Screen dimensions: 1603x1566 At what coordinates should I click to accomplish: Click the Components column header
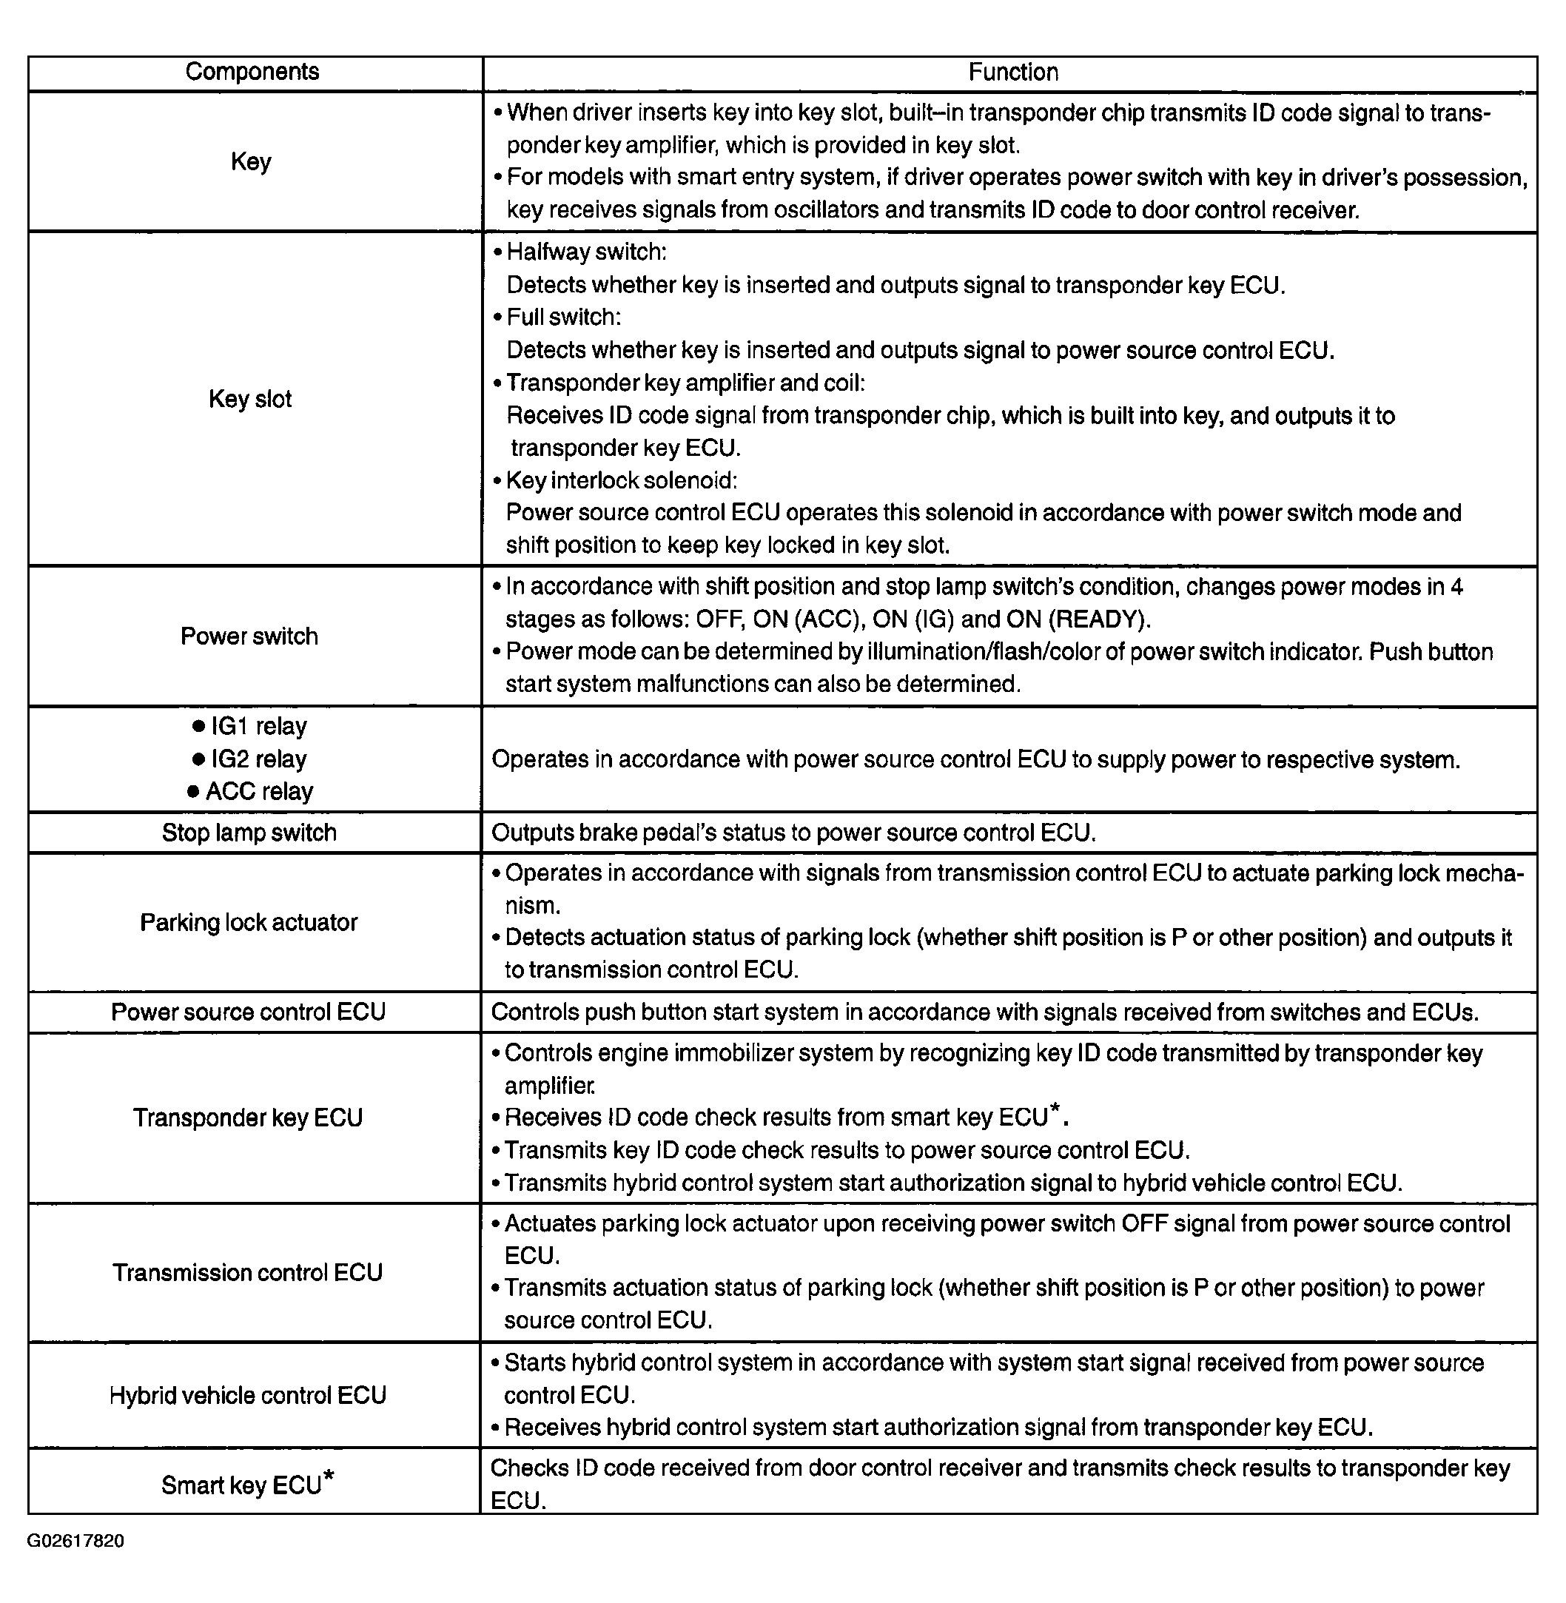point(252,72)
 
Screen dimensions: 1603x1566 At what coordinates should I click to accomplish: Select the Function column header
point(1012,73)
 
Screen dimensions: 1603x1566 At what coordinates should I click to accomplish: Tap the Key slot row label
point(250,400)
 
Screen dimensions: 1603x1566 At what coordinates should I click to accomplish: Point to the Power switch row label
point(249,636)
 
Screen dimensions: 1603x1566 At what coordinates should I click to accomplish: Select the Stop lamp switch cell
point(249,833)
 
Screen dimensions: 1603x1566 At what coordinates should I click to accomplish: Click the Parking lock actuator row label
point(249,922)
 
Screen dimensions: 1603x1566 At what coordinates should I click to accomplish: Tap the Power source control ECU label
point(249,1012)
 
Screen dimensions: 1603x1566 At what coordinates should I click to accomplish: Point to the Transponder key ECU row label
point(248,1118)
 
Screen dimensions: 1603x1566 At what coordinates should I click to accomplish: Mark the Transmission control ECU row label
point(248,1272)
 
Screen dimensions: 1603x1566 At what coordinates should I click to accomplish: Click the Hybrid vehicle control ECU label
point(248,1395)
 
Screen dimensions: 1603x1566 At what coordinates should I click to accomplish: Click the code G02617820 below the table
point(75,1541)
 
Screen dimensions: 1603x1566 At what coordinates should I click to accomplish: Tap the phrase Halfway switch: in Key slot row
point(586,252)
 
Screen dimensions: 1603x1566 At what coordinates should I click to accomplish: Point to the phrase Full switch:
point(563,317)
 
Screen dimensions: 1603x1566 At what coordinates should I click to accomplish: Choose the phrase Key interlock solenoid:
point(622,480)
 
